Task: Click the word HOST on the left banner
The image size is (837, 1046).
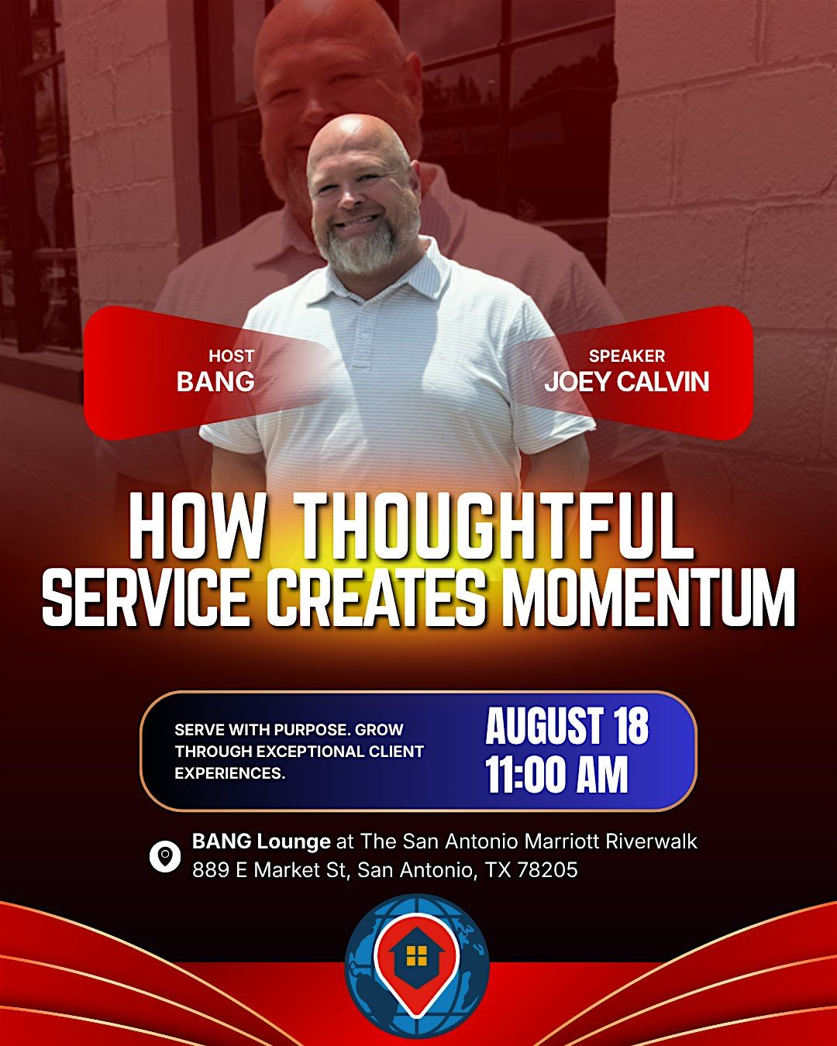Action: point(232,356)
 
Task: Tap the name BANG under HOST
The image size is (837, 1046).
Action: point(215,381)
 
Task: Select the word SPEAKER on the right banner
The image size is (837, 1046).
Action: point(626,356)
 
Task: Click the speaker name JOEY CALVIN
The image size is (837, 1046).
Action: point(626,381)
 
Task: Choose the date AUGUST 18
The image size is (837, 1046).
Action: point(567,726)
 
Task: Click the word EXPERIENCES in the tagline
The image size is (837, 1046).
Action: point(229,772)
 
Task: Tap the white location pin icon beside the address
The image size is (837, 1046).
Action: point(165,856)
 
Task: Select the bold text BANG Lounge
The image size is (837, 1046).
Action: point(261,842)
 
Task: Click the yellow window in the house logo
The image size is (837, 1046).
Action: point(416,956)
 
